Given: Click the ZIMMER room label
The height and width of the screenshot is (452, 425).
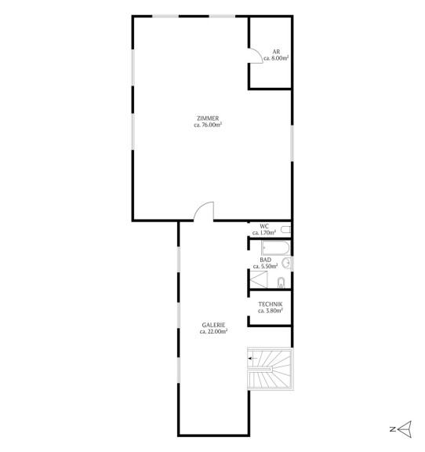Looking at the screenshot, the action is pyautogui.click(x=208, y=118).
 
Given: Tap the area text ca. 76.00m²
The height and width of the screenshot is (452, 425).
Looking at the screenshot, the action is pyautogui.click(x=208, y=125).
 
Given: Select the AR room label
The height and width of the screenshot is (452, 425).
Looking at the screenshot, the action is pyautogui.click(x=276, y=52).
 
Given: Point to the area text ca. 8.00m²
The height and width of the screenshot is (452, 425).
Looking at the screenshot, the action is pyautogui.click(x=276, y=58).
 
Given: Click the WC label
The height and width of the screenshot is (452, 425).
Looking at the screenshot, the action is pyautogui.click(x=264, y=226).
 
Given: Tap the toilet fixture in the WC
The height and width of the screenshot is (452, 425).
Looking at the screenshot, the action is pyautogui.click(x=286, y=230).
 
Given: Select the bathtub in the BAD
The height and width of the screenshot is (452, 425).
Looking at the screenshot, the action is pyautogui.click(x=275, y=248).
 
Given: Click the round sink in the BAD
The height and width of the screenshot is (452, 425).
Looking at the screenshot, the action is pyautogui.click(x=286, y=263).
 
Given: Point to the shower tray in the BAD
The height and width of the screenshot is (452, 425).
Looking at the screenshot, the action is pyautogui.click(x=259, y=279).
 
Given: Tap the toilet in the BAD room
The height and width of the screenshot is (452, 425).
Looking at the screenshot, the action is pyautogui.click(x=281, y=282).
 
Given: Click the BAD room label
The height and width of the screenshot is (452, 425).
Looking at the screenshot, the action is pyautogui.click(x=265, y=260).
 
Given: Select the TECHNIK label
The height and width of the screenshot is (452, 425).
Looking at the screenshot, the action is pyautogui.click(x=271, y=304).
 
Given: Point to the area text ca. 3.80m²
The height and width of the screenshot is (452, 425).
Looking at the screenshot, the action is pyautogui.click(x=271, y=311).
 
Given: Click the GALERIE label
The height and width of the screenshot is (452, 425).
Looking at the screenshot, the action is pyautogui.click(x=213, y=325).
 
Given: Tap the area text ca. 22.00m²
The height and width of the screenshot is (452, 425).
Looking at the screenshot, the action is pyautogui.click(x=213, y=331).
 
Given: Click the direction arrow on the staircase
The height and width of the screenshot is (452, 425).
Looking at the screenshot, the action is pyautogui.click(x=253, y=359).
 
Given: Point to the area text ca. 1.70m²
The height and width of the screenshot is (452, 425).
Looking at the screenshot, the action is pyautogui.click(x=264, y=232).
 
